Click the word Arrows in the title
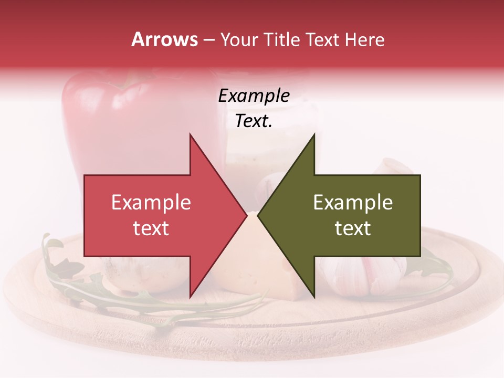coord(164,39)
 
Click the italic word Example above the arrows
coord(254,96)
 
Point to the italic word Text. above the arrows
coord(254,121)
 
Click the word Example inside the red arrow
coord(151,202)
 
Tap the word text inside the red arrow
coord(151,228)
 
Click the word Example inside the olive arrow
coord(353,202)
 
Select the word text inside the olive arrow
coord(353,228)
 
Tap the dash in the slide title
coord(208,40)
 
